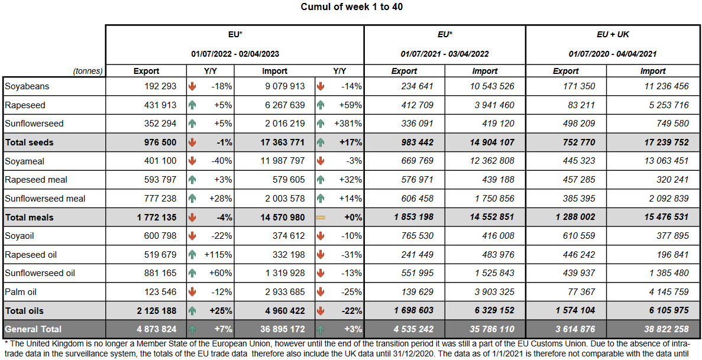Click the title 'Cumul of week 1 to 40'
click(352, 7)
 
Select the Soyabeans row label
click(27, 86)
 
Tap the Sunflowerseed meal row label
click(45, 199)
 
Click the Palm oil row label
click(21, 292)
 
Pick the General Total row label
click(33, 329)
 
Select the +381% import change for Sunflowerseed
click(348, 124)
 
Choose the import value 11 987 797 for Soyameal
click(282, 161)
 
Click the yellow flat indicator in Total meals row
click(321, 218)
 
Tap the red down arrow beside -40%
click(192, 161)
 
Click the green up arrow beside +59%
click(321, 105)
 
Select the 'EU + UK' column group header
click(613, 35)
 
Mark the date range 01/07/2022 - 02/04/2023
click(235, 54)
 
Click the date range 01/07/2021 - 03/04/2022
click(445, 54)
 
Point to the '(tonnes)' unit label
click(88, 72)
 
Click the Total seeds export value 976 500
click(157, 142)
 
